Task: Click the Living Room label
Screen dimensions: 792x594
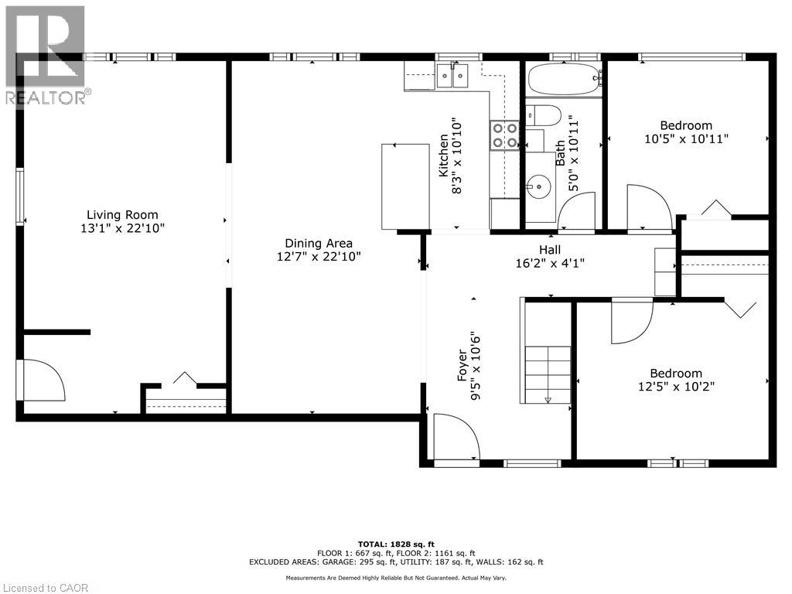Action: pos(122,215)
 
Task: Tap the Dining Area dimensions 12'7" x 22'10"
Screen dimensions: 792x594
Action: pos(319,257)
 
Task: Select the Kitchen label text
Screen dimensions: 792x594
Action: pos(443,155)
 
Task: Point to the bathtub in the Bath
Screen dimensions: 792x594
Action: pos(564,80)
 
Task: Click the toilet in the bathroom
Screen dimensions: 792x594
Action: pos(544,116)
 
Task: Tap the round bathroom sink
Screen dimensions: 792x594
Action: pos(538,186)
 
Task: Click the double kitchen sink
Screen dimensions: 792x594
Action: pos(452,76)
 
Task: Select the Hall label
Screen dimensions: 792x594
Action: pos(550,250)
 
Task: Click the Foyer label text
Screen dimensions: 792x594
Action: pos(463,365)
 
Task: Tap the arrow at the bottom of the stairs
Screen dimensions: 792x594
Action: pos(548,400)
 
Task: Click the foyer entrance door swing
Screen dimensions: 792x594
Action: pos(456,437)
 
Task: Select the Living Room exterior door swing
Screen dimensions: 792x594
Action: pos(43,380)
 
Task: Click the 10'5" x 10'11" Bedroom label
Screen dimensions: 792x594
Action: pos(687,131)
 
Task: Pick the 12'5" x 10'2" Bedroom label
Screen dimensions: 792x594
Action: pos(676,380)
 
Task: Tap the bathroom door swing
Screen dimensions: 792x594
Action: pos(576,211)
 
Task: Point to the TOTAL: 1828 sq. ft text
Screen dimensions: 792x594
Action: pos(396,544)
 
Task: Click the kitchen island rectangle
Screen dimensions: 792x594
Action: pos(405,187)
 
